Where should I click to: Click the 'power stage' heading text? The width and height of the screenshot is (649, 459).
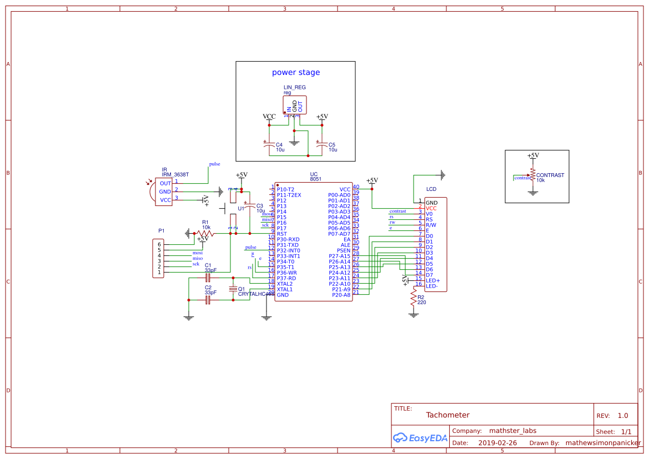coord(295,73)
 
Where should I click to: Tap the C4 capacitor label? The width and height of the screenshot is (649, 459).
coord(279,144)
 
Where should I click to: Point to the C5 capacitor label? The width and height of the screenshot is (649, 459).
coord(332,144)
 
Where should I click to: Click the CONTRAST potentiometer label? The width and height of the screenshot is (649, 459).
coord(550,175)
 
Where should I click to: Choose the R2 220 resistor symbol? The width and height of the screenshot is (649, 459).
coord(413,300)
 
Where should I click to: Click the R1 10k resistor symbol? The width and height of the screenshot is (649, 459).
coord(205,234)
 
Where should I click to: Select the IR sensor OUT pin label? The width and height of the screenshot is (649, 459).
coord(165,183)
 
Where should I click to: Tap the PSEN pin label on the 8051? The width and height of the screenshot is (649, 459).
coord(344,250)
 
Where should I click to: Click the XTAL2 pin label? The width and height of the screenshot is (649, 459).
coord(284,284)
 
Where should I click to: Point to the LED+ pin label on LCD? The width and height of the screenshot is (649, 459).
coord(432,280)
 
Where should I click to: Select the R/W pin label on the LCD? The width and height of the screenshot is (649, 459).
coord(431,225)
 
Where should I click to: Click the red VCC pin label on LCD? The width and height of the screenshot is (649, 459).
coord(431,208)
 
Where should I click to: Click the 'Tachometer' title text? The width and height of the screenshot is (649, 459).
coord(447,415)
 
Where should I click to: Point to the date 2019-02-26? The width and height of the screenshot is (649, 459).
coord(497,443)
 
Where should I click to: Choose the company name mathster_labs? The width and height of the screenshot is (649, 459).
coord(512,431)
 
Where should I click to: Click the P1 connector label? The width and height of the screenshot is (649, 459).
coord(161,230)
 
